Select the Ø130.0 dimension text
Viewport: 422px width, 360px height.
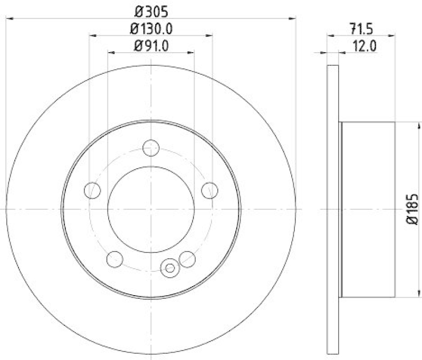tap(151, 28)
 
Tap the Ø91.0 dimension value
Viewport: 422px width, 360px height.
tap(151, 46)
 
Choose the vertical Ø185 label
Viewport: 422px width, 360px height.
tap(413, 209)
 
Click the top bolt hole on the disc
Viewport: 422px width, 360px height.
tap(151, 148)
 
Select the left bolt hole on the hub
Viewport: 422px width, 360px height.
tap(93, 190)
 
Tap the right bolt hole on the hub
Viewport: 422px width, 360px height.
tap(209, 190)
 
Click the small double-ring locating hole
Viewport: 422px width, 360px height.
tap(170, 268)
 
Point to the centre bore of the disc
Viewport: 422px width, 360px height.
tap(151, 209)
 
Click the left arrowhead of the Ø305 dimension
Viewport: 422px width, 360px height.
tap(8, 18)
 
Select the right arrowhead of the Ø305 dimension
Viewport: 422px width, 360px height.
tap(293, 18)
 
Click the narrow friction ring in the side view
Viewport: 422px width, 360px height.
tap(333, 209)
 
